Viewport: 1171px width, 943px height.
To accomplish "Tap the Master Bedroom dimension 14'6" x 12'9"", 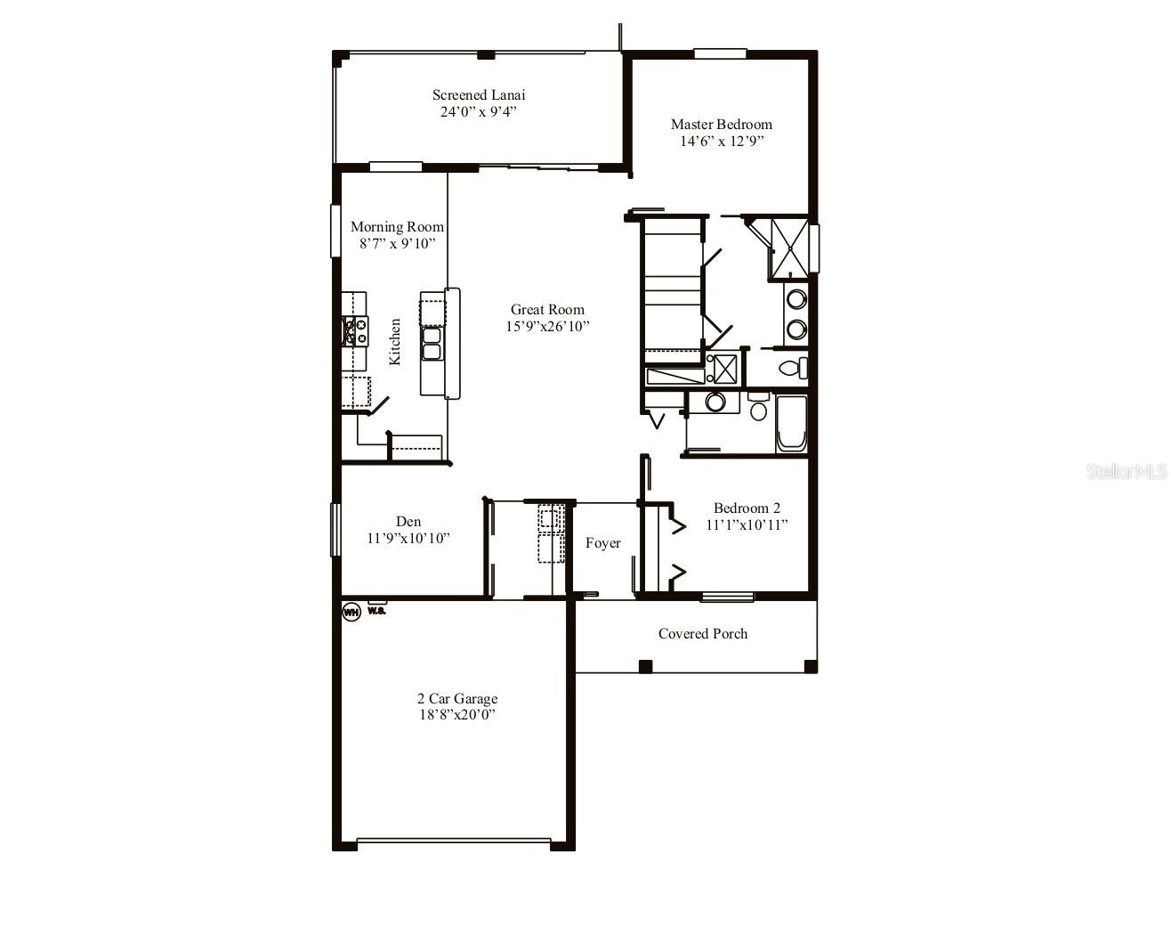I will click(x=721, y=141).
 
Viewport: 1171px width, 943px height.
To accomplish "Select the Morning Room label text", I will click(x=397, y=226).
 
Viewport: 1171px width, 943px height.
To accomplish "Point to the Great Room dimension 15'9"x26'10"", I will click(x=547, y=326).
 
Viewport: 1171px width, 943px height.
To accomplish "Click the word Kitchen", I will click(x=395, y=341).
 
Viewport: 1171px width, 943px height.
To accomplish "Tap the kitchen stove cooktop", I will click(x=356, y=331).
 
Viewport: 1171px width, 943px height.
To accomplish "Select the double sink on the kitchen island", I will click(x=432, y=343).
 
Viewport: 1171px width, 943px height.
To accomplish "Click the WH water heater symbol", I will click(x=351, y=612).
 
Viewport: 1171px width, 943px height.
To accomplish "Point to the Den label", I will click(x=408, y=521).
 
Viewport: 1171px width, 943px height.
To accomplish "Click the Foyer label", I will click(x=602, y=543).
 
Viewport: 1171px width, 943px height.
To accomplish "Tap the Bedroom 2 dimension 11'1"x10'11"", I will click(x=747, y=524).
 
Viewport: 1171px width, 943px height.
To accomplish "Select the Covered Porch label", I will click(x=702, y=633).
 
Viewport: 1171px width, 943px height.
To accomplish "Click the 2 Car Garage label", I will click(x=457, y=698).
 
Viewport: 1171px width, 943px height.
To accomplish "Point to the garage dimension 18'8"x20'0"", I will click(x=457, y=714).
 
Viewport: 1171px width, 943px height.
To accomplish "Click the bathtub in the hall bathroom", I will click(x=791, y=424).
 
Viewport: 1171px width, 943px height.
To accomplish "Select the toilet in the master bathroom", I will click(x=791, y=367).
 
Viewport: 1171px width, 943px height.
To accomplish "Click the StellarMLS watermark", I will click(x=1125, y=471).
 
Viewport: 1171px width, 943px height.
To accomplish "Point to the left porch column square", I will click(x=645, y=666).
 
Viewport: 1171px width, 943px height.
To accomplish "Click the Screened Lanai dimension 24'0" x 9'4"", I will click(x=478, y=111).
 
